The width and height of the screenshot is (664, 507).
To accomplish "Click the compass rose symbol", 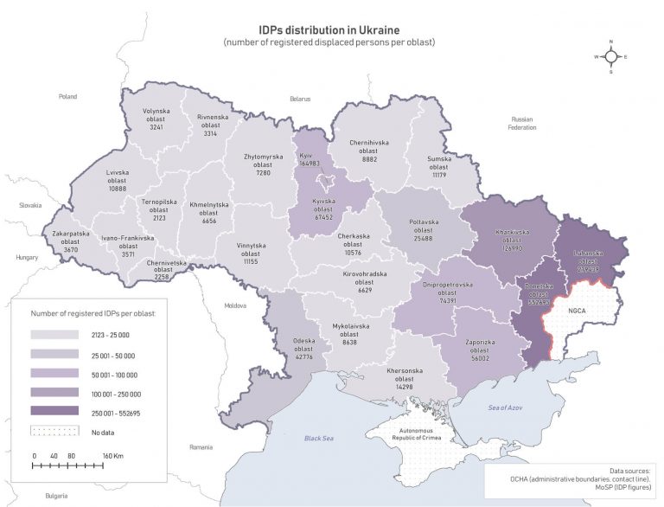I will tap(610, 57).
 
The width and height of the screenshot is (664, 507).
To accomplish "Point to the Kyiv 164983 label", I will tap(309, 157).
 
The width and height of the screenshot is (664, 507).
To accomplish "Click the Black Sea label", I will tap(318, 439).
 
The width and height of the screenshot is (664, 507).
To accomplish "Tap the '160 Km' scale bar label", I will tap(114, 455).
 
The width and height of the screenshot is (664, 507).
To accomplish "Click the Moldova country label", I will tap(235, 305).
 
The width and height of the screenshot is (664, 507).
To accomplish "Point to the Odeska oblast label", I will tap(303, 344).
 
